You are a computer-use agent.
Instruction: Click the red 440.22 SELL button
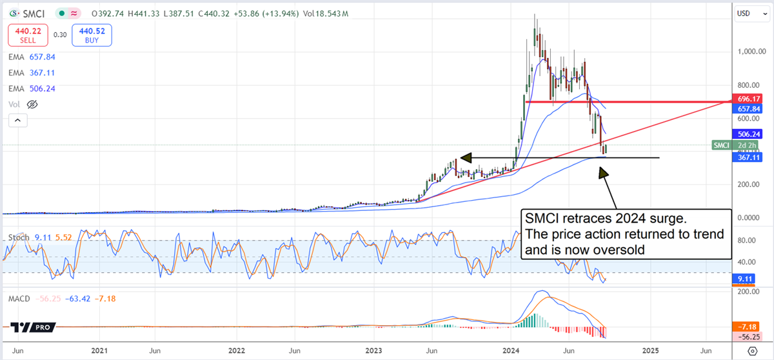(24, 35)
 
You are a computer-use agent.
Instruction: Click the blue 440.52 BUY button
(92, 35)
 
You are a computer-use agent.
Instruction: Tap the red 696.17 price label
(748, 99)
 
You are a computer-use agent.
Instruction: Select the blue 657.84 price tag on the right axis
(748, 109)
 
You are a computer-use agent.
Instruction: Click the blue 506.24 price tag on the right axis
(748, 134)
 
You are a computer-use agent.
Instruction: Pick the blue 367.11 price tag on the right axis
(748, 156)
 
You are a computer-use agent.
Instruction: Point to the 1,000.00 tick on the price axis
(751, 52)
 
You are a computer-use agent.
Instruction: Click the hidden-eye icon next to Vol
(33, 104)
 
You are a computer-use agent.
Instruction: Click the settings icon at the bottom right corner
(751, 351)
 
